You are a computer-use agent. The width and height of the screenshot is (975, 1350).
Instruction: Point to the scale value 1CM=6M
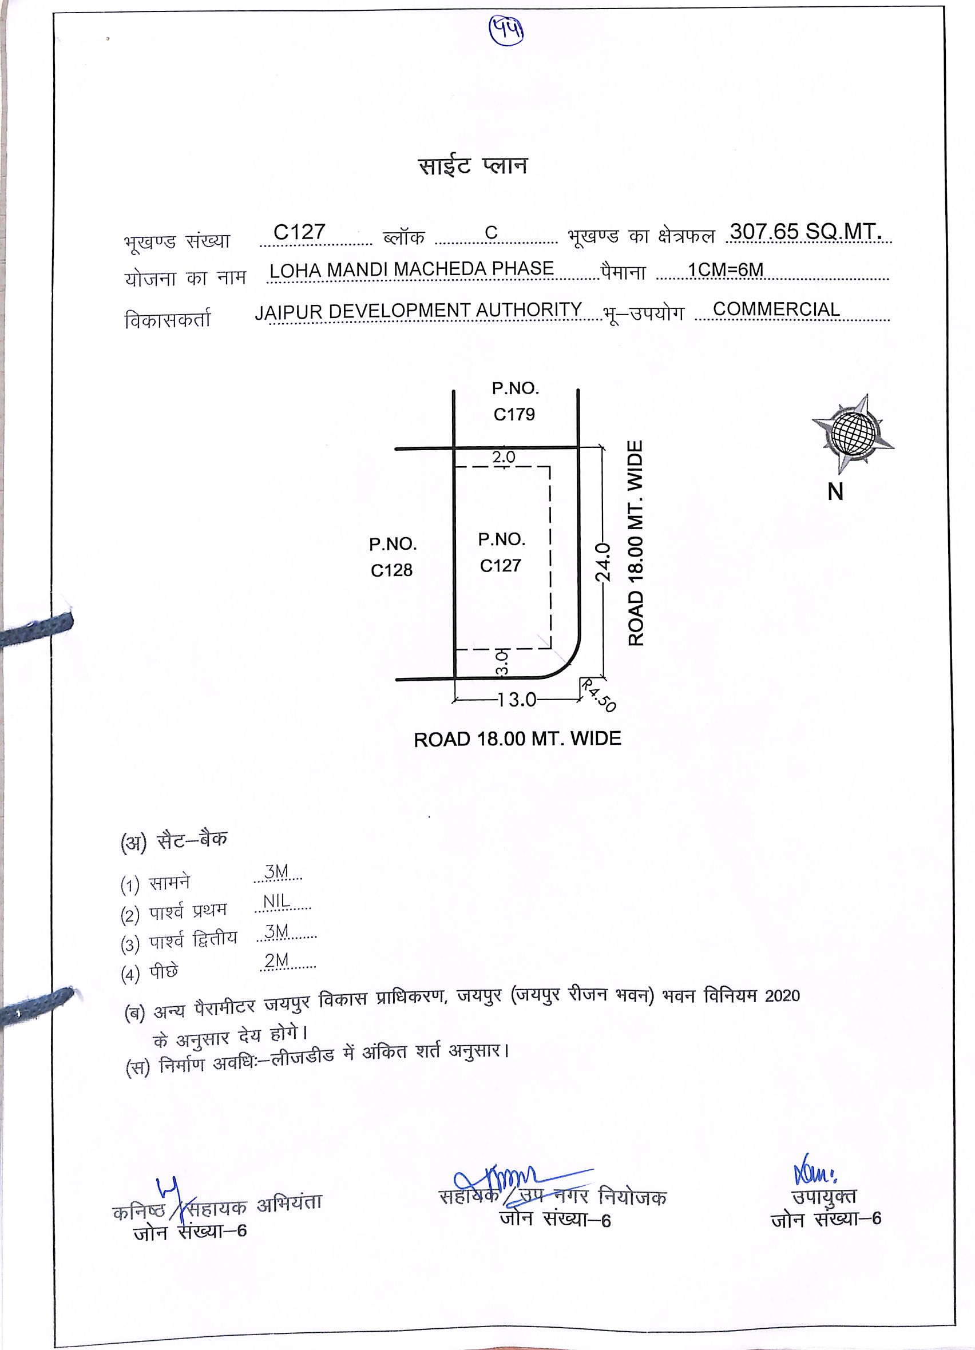pyautogui.click(x=725, y=270)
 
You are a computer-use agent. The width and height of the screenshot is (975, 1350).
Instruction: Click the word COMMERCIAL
pyautogui.click(x=776, y=309)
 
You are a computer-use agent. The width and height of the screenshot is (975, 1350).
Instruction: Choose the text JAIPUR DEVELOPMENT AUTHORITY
pyautogui.click(x=418, y=311)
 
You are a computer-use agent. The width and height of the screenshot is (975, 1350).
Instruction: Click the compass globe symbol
pyautogui.click(x=853, y=431)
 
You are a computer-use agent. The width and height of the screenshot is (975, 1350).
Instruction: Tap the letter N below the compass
pyautogui.click(x=835, y=492)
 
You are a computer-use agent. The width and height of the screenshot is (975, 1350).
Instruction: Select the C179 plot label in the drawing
pyautogui.click(x=514, y=414)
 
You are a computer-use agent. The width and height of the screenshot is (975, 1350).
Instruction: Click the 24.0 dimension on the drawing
pyautogui.click(x=603, y=562)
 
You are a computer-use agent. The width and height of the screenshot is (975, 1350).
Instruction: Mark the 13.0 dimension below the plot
pyautogui.click(x=517, y=700)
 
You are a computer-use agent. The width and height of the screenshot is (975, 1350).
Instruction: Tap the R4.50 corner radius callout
pyautogui.click(x=598, y=695)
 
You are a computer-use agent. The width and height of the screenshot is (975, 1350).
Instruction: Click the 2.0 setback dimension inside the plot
pyautogui.click(x=504, y=457)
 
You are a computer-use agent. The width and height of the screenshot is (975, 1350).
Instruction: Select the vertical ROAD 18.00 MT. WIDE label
pyautogui.click(x=636, y=543)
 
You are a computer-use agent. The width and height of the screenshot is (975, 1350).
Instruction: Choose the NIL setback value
pyautogui.click(x=277, y=901)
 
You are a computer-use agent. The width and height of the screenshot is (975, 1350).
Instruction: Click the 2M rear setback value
pyautogui.click(x=277, y=960)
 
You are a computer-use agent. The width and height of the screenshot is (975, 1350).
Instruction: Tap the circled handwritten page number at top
pyautogui.click(x=506, y=30)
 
